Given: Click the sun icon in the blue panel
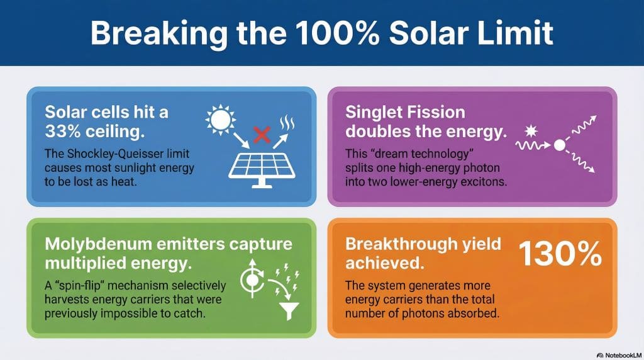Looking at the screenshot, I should click(x=222, y=119).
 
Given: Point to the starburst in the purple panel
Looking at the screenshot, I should click(x=530, y=132).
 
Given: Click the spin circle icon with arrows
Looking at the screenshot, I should click(x=252, y=277).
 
